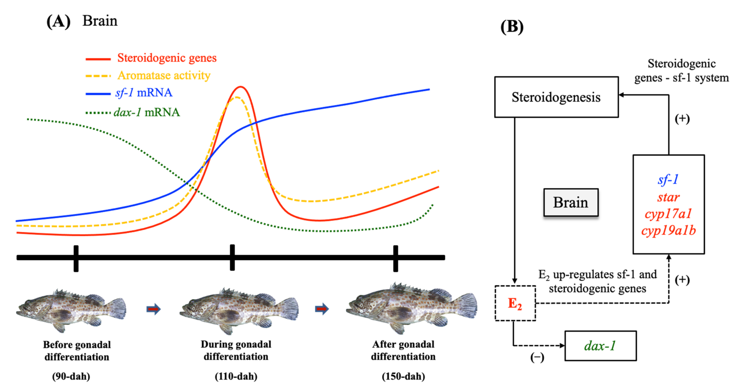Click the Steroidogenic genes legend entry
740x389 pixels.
167,58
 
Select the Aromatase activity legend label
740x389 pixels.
164,75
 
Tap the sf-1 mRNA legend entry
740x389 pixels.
144,93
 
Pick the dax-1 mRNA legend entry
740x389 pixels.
147,112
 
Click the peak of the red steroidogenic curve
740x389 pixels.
241,87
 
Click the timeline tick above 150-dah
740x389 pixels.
395,258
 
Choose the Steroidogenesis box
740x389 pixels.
556,97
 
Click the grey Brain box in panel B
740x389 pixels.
571,202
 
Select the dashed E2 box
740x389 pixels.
515,303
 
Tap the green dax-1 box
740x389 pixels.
600,346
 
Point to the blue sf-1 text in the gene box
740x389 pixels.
668,180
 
